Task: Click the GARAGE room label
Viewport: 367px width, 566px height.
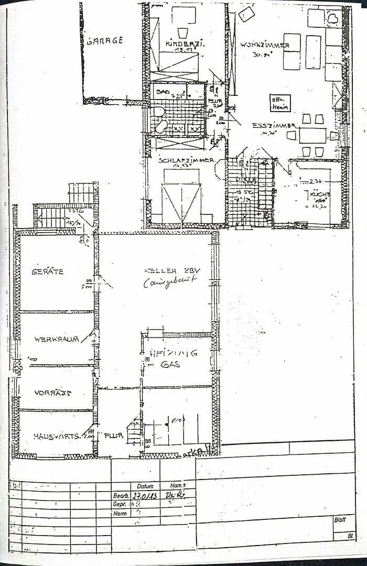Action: coord(104,40)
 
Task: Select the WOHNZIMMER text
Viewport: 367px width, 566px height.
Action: coord(265,45)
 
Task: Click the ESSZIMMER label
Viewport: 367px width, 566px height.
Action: coord(275,126)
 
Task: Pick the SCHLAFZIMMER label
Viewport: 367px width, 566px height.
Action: coord(186,160)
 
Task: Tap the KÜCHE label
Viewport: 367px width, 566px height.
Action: coord(319,194)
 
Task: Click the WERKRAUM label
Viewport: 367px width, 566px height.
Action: coord(56,339)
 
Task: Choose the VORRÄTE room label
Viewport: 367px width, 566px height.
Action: coord(52,393)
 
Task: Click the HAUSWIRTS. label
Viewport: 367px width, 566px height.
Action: coord(56,436)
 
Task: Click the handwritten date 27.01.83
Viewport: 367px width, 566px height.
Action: coord(145,495)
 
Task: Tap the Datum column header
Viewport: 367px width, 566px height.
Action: coord(145,486)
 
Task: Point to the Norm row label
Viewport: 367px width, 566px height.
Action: coord(120,514)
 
